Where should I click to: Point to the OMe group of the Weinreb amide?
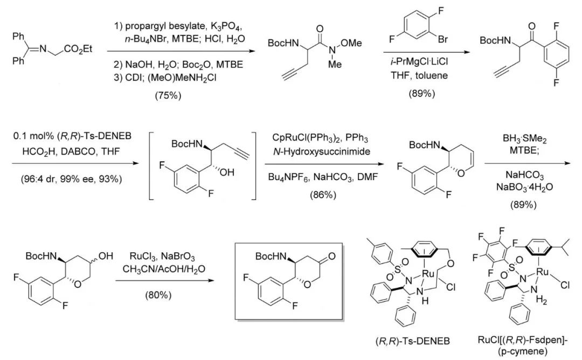pos(351,44)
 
